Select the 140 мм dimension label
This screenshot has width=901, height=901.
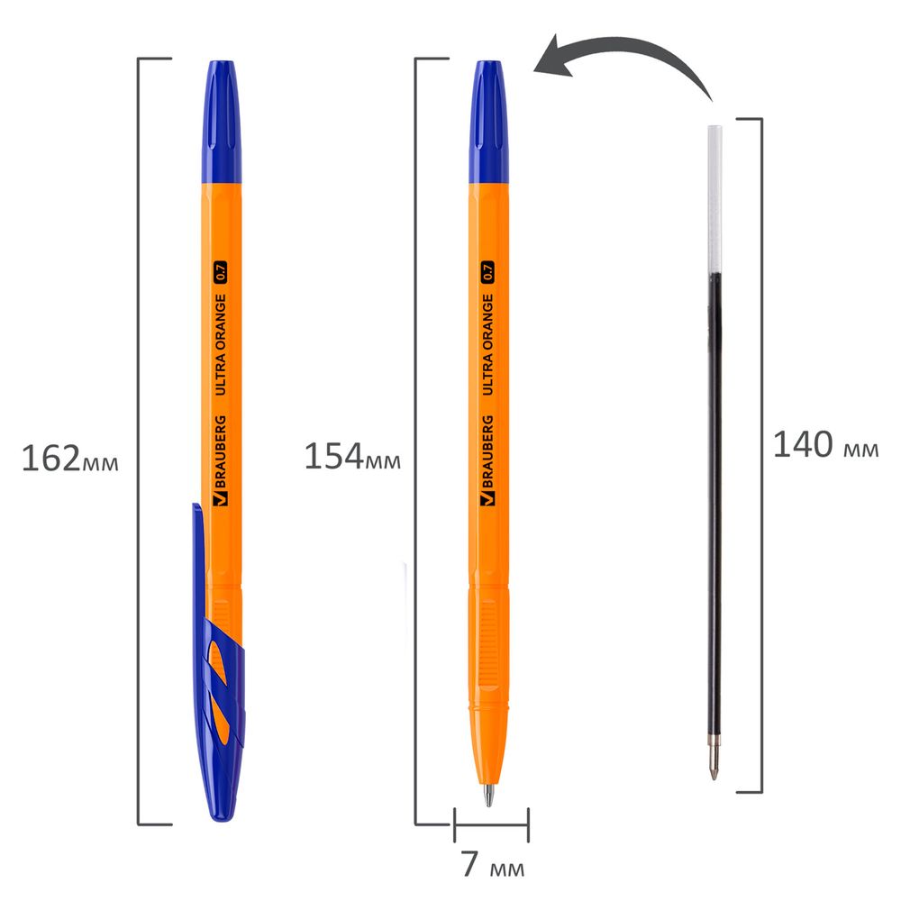pyautogui.click(x=825, y=445)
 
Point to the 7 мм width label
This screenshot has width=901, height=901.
pyautogui.click(x=492, y=866)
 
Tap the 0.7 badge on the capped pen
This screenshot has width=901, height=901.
pyautogui.click(x=222, y=270)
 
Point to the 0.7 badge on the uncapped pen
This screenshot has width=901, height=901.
pyautogui.click(x=488, y=270)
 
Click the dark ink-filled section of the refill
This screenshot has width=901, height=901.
pyautogui.click(x=714, y=496)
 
